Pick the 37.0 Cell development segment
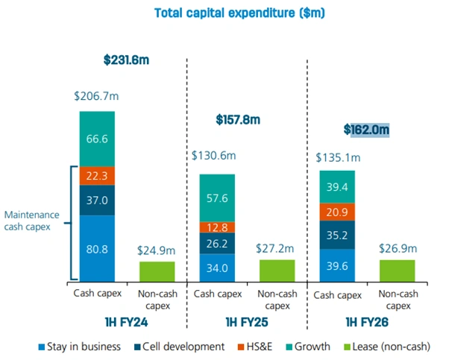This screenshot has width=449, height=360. pos(97,200)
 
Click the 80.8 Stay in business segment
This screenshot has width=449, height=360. pos(97,247)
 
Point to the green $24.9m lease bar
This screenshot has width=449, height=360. pos(157,271)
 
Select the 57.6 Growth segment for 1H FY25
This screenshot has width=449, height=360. pos(217,198)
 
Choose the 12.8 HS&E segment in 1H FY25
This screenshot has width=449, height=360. pos(217,227)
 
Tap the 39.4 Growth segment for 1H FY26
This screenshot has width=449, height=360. pos(337,186)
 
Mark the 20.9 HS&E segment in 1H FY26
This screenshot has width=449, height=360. pos(337,212)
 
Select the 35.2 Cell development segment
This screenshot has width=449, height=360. pos(337,235)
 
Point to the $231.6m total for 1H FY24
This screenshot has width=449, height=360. pos(128,61)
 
